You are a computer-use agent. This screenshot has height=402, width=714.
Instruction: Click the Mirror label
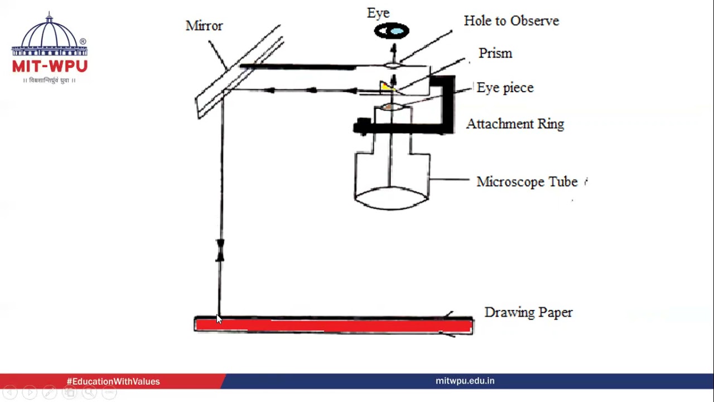(x=204, y=26)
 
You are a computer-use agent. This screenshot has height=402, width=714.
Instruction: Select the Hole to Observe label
(x=512, y=21)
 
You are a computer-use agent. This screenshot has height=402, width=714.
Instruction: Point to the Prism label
(x=495, y=53)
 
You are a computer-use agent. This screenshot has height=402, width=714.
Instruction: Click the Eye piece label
(x=505, y=88)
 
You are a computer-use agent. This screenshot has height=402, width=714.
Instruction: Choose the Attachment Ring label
(x=515, y=124)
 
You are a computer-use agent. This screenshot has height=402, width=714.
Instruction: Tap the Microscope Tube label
(x=527, y=181)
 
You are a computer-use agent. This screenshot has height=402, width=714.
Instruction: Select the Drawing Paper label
(x=528, y=312)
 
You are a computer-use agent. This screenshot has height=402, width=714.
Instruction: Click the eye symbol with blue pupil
(x=392, y=31)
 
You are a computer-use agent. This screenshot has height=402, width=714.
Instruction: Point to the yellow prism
(x=385, y=87)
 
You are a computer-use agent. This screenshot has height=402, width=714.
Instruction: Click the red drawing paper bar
(x=334, y=326)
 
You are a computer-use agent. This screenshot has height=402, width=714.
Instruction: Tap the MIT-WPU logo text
(x=50, y=66)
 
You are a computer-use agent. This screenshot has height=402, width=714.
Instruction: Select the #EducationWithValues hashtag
(x=113, y=381)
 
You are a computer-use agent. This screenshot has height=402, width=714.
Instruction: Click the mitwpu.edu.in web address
(x=465, y=381)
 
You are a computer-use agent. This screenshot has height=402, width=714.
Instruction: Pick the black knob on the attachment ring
(x=363, y=127)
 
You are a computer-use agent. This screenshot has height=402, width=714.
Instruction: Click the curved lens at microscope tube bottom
(x=392, y=198)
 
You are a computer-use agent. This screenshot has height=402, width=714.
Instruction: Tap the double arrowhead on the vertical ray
(x=220, y=251)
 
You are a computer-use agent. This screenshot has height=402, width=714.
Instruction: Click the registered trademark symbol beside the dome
(x=83, y=41)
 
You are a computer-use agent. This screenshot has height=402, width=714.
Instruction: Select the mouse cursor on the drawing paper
(x=219, y=319)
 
